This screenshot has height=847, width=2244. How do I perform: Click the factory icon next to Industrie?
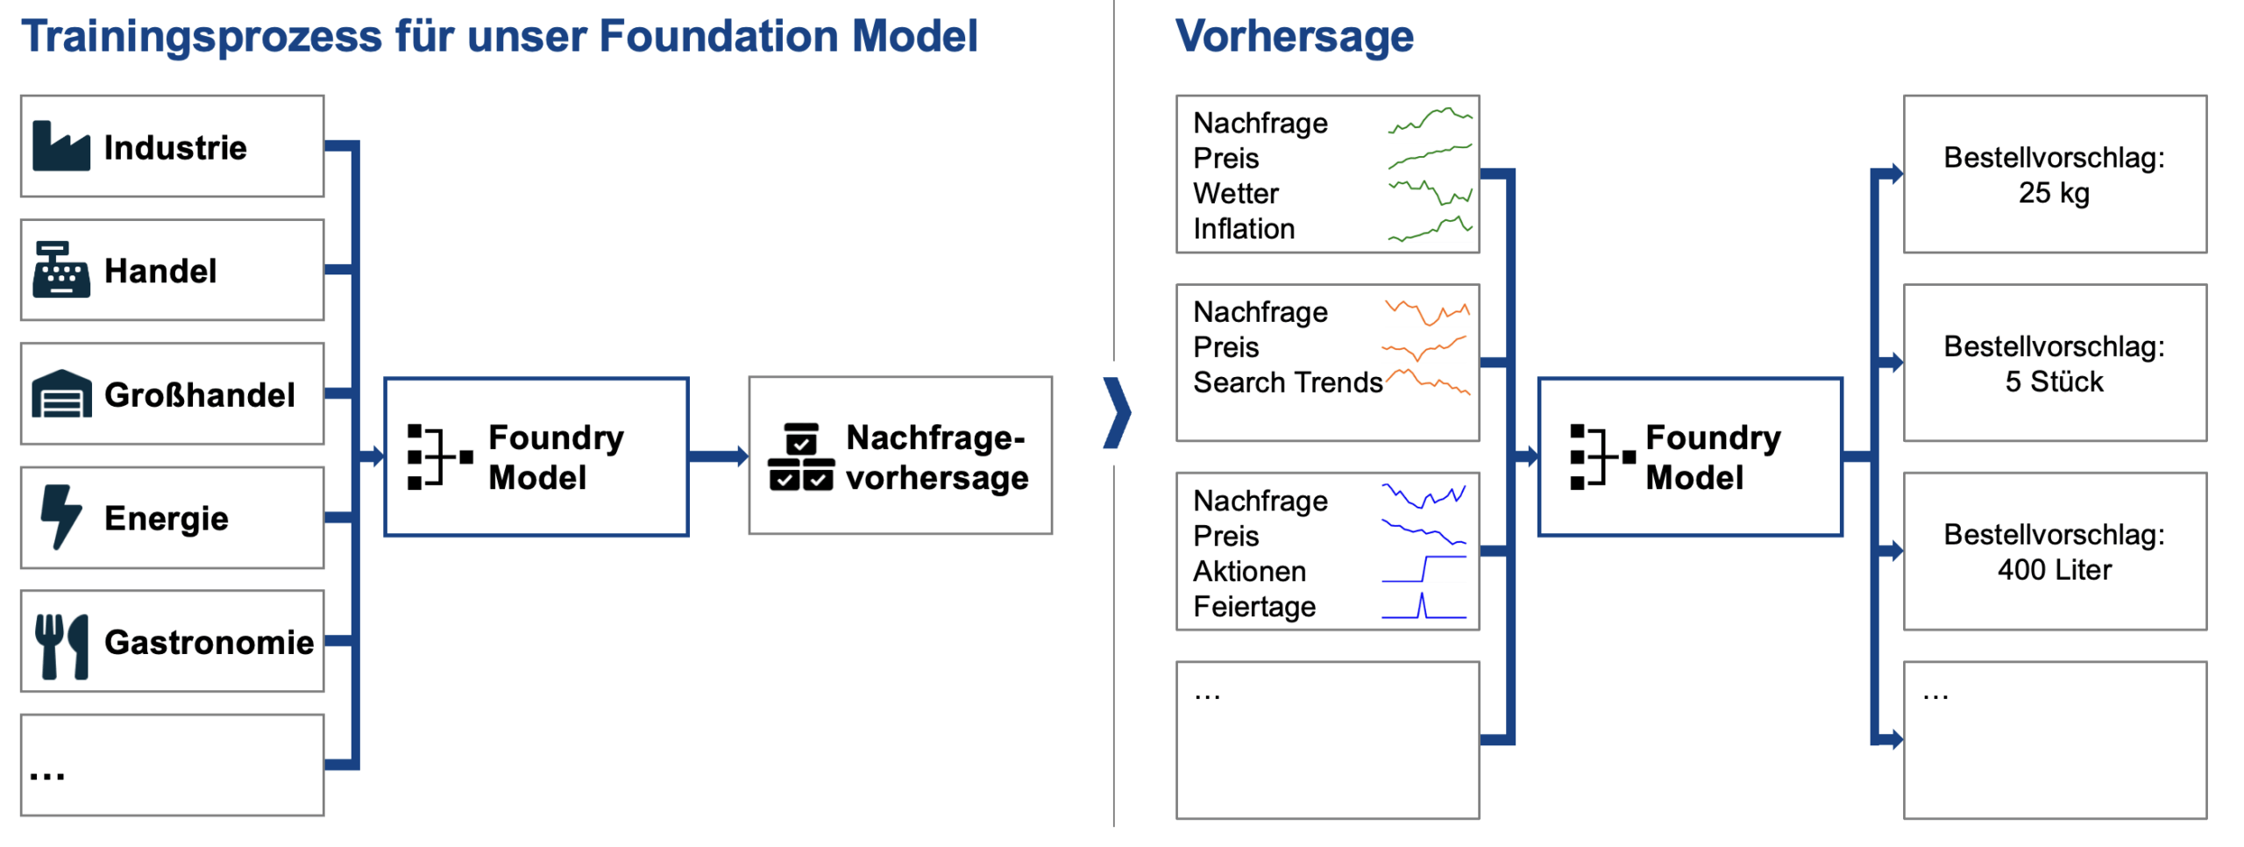(60, 146)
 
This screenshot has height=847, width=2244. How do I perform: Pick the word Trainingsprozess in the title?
(201, 37)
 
